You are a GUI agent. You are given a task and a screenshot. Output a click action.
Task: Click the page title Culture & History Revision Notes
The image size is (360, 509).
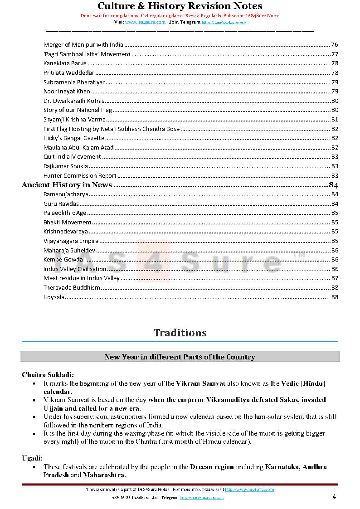coord(180,6)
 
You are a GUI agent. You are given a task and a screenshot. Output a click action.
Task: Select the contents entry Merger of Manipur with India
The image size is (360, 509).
coord(83,45)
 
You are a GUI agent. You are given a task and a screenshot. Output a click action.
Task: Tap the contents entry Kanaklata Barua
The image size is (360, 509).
coord(65,63)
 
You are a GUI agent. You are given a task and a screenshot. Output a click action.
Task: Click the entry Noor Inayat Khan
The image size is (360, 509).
coord(67,92)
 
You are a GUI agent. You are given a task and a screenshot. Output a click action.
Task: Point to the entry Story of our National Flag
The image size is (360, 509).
coord(77,110)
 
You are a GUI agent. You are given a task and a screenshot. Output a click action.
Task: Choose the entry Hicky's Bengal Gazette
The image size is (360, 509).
coord(74,138)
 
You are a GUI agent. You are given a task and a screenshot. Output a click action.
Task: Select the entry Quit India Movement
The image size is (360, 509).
coord(72,157)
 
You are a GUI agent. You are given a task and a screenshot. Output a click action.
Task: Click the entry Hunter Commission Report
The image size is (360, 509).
coord(80,175)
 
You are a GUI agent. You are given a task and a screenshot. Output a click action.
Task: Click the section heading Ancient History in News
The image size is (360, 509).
coord(67,185)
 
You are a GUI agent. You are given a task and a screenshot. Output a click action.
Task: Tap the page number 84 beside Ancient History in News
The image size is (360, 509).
coord(333,185)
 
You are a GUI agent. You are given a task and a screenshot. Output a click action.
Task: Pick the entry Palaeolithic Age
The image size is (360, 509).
coord(65,213)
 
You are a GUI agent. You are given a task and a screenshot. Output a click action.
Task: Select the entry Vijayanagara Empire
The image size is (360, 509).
coord(71,241)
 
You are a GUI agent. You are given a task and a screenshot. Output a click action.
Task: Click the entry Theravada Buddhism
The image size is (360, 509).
coord(72,288)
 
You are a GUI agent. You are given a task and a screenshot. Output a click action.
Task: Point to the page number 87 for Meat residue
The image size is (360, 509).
coord(335,278)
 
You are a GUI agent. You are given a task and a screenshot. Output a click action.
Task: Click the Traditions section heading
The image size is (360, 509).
coord(180,333)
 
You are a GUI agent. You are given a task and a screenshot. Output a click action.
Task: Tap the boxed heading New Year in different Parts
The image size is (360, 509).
coord(180,357)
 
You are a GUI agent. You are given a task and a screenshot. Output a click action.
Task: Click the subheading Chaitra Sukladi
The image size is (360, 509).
coord(48,375)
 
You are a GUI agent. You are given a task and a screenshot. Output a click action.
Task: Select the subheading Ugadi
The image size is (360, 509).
coord(32,459)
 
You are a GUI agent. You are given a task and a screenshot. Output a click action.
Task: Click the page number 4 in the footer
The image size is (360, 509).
coord(334,497)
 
